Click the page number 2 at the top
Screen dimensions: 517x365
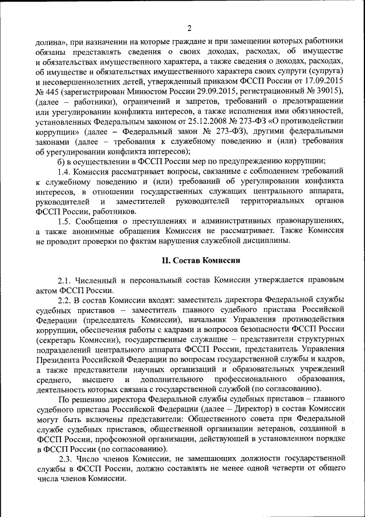pos(189,28)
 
